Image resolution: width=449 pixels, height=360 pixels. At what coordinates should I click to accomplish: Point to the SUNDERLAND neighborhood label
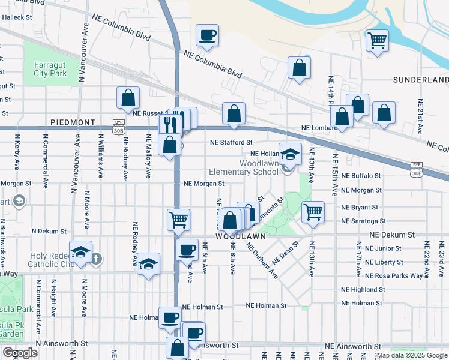pyautogui.click(x=420, y=80)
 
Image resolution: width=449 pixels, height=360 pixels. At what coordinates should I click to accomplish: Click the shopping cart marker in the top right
pyautogui.click(x=378, y=41)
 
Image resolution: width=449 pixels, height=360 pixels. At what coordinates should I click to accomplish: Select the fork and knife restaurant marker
pyautogui.click(x=170, y=125)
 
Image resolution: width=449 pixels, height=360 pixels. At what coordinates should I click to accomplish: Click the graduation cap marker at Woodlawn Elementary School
pyautogui.click(x=290, y=154)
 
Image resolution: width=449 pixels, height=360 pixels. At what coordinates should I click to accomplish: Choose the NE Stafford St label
pyautogui.click(x=231, y=143)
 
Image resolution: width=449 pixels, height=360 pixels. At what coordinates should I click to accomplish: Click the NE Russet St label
pyautogui.click(x=152, y=113)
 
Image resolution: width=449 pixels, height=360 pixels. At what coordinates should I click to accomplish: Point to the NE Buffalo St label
pyautogui.click(x=360, y=176)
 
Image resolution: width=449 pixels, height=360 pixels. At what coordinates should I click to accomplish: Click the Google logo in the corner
pyautogui.click(x=20, y=353)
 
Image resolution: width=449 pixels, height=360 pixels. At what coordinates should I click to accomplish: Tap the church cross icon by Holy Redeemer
pyautogui.click(x=95, y=259)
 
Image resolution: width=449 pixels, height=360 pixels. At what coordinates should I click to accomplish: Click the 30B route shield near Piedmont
pyautogui.click(x=118, y=122)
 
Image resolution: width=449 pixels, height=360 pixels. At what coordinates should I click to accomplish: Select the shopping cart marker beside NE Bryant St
pyautogui.click(x=313, y=211)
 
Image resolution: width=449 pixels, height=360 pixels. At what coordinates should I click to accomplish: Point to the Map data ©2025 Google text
pyautogui.click(x=411, y=356)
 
